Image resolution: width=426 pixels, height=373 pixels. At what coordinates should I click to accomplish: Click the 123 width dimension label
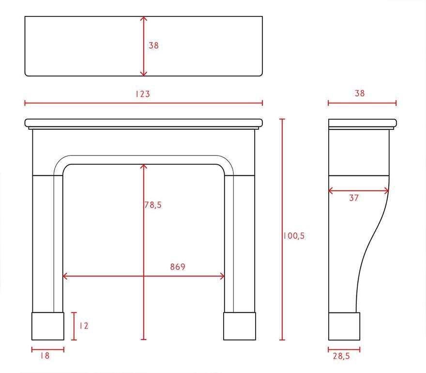point(143,94)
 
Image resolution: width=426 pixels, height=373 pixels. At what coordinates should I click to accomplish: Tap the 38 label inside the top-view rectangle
point(153,45)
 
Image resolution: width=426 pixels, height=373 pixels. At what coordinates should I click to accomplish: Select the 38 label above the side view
point(359,93)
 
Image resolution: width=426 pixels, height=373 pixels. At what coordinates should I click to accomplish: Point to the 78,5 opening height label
point(153,205)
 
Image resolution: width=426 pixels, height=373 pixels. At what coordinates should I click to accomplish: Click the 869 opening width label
point(178,267)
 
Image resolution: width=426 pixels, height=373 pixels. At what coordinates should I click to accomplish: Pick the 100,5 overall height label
point(294,236)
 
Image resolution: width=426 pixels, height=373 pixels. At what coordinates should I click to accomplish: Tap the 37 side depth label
point(354,198)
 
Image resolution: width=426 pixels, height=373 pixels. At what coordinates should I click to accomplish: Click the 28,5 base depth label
point(341,356)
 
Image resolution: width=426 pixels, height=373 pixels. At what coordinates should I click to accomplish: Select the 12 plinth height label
point(84,326)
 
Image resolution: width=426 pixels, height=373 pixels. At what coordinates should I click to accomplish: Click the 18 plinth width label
point(45,356)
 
